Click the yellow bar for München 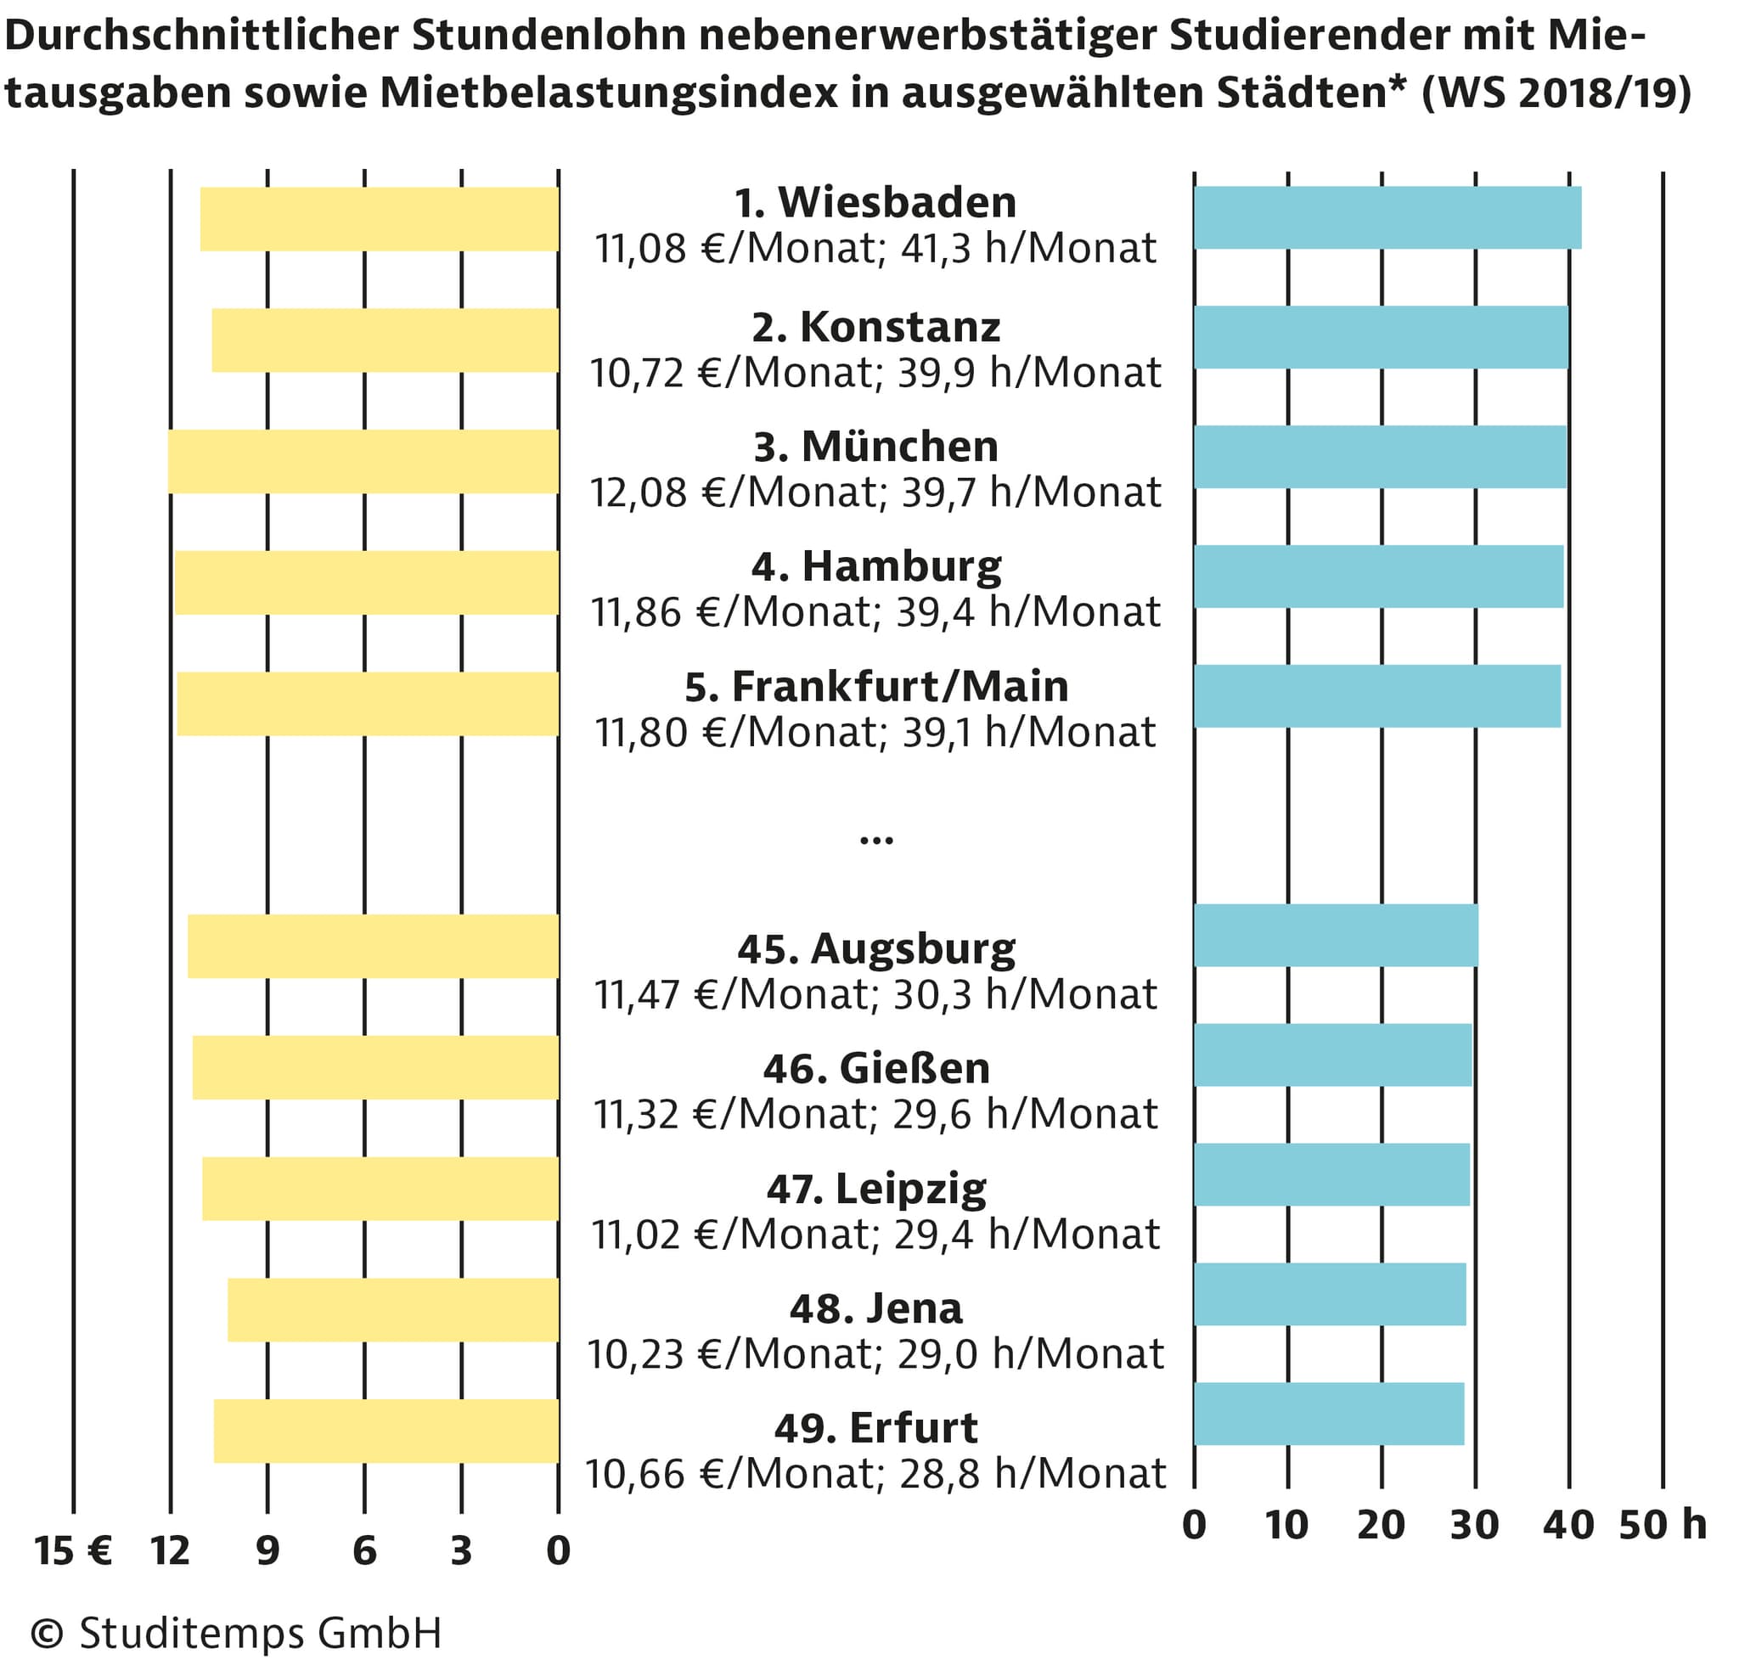363,461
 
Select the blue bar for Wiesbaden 1387,217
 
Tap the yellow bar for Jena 393,1309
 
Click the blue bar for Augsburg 1336,935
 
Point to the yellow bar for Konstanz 385,340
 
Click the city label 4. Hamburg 875,566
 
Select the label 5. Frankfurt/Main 875,686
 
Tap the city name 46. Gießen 875,1068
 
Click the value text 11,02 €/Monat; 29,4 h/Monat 875,1234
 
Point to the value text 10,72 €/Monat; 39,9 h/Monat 875,373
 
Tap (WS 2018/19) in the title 1556,93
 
